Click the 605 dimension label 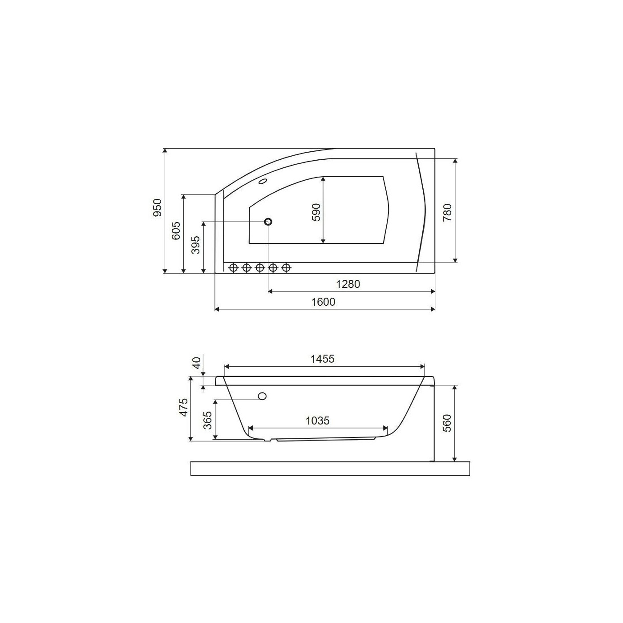(x=176, y=231)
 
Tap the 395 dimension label (x=196, y=245)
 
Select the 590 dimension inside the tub (x=316, y=212)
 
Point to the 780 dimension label (x=448, y=212)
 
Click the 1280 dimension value (x=348, y=284)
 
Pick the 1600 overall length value (x=324, y=302)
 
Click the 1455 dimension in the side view (x=322, y=359)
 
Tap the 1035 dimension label (x=317, y=421)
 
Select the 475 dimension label (x=183, y=407)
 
